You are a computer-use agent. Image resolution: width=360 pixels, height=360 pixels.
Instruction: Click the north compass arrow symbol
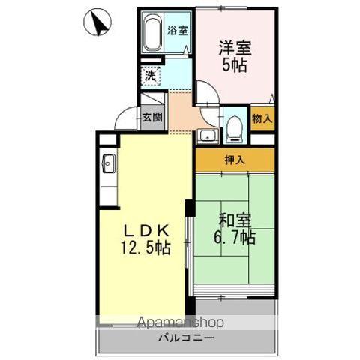[97, 23]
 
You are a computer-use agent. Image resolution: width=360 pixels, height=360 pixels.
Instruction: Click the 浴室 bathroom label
[178, 31]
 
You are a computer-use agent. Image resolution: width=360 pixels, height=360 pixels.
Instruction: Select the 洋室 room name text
[235, 46]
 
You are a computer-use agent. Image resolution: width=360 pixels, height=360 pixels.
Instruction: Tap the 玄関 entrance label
[152, 116]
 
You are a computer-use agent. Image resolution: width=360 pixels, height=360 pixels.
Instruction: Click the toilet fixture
[233, 127]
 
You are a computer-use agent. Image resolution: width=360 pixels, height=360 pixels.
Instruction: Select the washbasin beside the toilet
[208, 136]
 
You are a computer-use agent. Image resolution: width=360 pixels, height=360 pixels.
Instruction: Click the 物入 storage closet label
[262, 118]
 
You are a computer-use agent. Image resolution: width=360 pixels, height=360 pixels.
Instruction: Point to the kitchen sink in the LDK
[108, 163]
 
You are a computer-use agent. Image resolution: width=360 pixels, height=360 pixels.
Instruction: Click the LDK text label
[142, 229]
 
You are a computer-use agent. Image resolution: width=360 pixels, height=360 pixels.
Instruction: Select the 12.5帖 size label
[142, 247]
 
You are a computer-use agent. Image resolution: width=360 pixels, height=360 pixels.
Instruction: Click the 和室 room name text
[235, 220]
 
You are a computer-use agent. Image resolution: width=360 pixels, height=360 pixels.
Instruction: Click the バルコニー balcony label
[186, 338]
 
